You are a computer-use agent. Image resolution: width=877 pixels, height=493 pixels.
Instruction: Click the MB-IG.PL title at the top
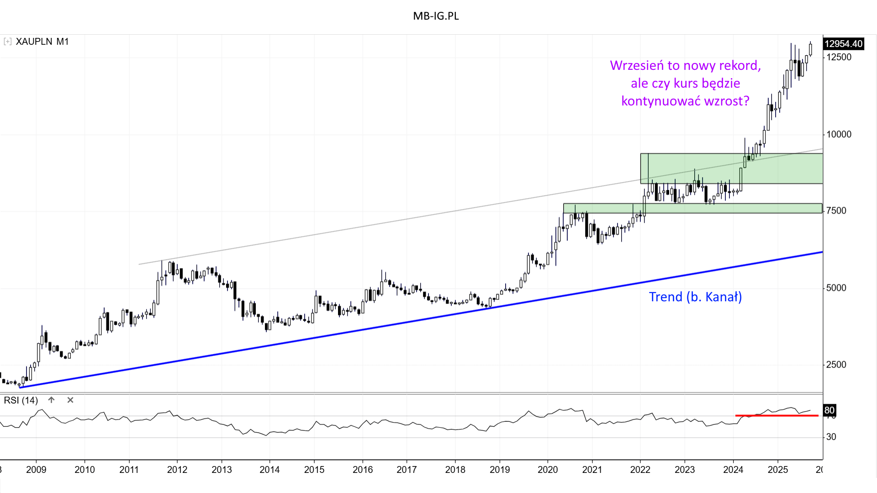(436, 16)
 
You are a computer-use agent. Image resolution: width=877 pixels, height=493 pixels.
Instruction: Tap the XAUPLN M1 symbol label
(42, 42)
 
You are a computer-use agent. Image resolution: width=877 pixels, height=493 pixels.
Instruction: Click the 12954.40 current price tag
(843, 44)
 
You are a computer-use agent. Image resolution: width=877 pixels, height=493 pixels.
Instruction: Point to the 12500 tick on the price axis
(839, 57)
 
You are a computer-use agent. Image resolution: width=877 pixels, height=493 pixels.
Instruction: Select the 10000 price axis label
(839, 134)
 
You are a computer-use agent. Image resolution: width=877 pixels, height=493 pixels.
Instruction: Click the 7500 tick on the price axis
(836, 210)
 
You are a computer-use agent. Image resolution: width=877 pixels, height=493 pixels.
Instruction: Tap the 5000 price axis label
(836, 288)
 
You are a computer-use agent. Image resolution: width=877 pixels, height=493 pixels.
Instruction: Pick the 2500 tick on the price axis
(836, 364)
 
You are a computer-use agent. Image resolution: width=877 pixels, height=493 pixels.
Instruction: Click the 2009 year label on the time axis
(36, 470)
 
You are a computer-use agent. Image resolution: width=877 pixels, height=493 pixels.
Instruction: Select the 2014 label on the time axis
(269, 470)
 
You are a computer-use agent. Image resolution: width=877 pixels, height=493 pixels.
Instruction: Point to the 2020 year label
(548, 470)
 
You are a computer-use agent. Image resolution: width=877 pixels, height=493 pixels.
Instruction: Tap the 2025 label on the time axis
(777, 470)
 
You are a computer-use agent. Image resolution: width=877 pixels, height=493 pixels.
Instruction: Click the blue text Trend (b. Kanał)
(695, 297)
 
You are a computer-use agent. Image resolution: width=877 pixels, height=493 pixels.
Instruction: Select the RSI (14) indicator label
(21, 400)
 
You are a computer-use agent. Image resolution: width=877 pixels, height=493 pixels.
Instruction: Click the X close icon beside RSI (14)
(70, 400)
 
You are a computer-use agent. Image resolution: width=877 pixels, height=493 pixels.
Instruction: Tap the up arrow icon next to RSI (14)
(52, 400)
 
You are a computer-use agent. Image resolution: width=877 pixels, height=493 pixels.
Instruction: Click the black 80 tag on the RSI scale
(829, 410)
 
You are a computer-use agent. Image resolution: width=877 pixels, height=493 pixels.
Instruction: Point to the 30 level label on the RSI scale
(831, 437)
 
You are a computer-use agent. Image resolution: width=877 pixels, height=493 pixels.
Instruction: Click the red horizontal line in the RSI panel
(777, 415)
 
